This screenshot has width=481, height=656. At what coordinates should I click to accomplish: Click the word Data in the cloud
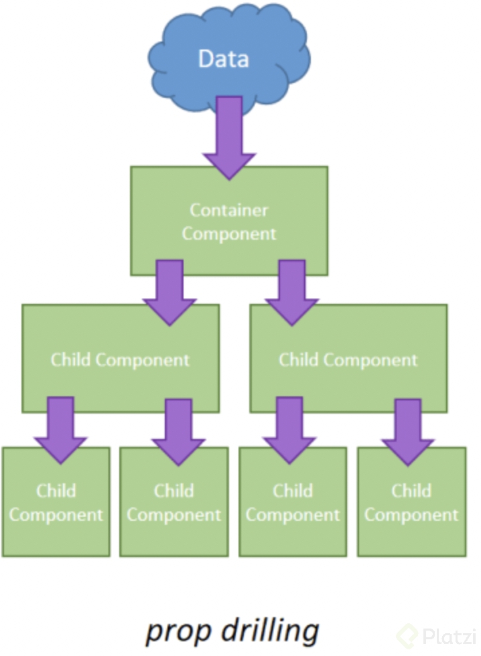[223, 59]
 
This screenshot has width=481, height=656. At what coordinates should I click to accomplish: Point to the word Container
[229, 210]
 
